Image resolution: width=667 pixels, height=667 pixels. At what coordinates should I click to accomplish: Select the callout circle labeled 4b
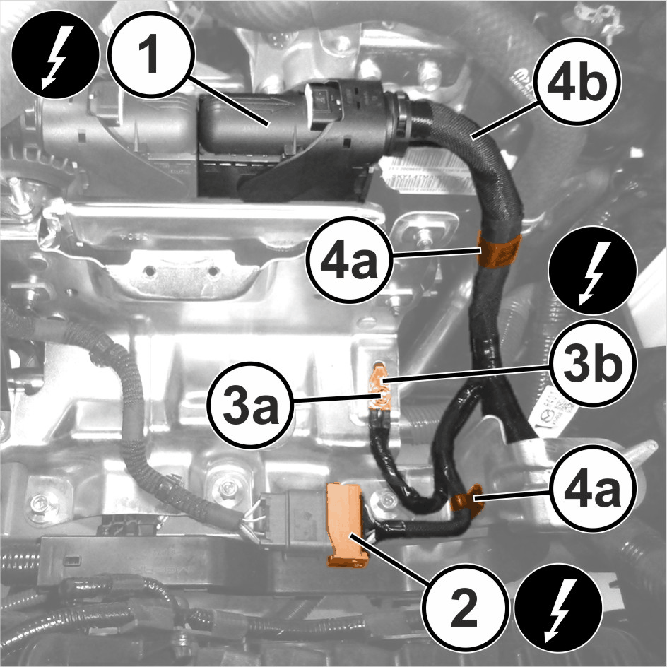[x=577, y=82]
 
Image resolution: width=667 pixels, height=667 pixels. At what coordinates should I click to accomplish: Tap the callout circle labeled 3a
[x=251, y=406]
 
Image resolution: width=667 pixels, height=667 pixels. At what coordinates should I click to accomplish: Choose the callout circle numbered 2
[x=464, y=608]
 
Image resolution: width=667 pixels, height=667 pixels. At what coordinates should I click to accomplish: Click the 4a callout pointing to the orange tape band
[x=350, y=259]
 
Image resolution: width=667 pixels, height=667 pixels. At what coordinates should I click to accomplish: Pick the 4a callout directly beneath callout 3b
[x=593, y=489]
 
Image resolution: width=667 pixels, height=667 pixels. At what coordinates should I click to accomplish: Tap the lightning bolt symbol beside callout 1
[x=55, y=56]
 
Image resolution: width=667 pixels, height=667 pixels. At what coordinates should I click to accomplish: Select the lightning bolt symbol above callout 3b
[x=593, y=270]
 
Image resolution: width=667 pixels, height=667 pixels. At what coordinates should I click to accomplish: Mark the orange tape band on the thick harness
[x=500, y=250]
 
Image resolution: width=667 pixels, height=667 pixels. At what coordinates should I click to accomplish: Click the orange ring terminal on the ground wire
[x=381, y=387]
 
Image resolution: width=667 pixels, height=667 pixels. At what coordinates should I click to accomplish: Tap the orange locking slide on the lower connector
[x=346, y=525]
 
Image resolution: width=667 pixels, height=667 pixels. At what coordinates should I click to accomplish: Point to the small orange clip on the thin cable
[x=467, y=500]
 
